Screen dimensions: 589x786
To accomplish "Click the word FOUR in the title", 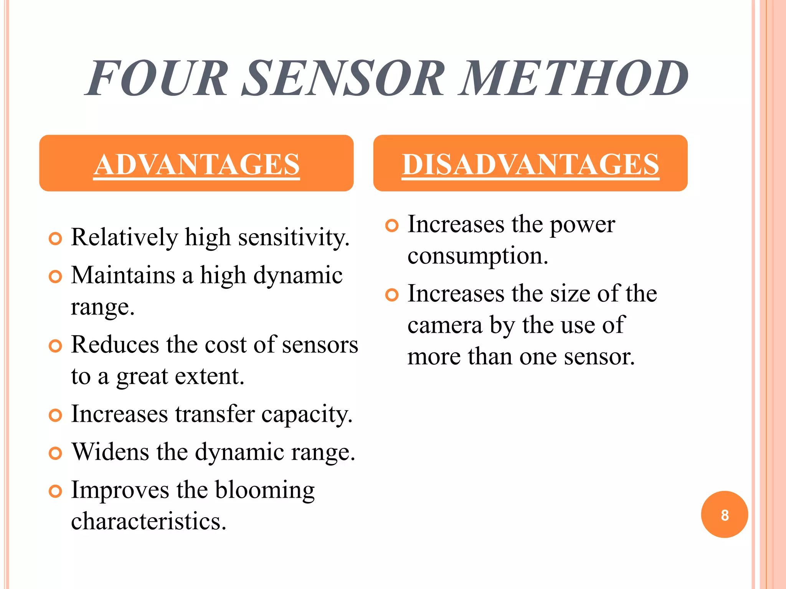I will pyautogui.click(x=157, y=78).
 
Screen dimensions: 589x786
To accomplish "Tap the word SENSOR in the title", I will pyautogui.click(x=343, y=78).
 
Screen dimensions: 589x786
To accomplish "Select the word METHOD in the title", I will pyautogui.click(x=574, y=78).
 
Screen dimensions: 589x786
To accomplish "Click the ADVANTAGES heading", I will pyautogui.click(x=196, y=164).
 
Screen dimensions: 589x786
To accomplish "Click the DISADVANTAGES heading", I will pyautogui.click(x=530, y=164).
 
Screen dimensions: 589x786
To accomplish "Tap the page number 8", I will pyautogui.click(x=725, y=515).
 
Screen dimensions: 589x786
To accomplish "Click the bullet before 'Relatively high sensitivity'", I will pyautogui.click(x=56, y=239).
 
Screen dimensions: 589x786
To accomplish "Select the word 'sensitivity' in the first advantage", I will pyautogui.click(x=294, y=238).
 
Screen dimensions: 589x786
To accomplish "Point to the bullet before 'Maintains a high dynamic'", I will pyautogui.click(x=56, y=276).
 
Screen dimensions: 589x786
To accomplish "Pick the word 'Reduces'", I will pyautogui.click(x=115, y=344).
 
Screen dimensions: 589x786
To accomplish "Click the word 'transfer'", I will pyautogui.click(x=215, y=414).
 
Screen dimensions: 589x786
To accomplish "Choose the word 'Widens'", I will pyautogui.click(x=111, y=452).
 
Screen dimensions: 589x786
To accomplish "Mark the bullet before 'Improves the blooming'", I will pyautogui.click(x=56, y=491).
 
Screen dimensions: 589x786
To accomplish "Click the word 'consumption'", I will pyautogui.click(x=477, y=256).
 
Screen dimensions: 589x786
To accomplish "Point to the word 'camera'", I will pyautogui.click(x=445, y=326).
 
